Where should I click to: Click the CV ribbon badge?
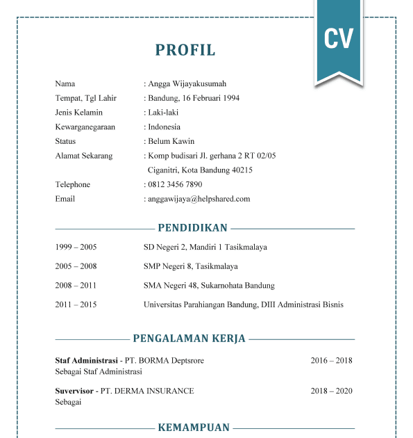click(338, 38)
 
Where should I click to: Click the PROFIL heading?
click(185, 50)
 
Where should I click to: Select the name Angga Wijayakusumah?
click(187, 83)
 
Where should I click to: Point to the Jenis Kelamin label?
click(78, 112)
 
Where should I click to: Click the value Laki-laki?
click(165, 112)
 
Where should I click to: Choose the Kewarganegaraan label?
click(85, 127)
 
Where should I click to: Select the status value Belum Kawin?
click(170, 141)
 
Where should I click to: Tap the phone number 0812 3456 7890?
click(175, 184)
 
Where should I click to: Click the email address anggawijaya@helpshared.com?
click(199, 199)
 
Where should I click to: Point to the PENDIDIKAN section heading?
click(192, 228)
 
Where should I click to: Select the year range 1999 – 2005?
click(76, 247)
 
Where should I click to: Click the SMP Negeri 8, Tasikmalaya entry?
click(190, 266)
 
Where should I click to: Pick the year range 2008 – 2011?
click(76, 285)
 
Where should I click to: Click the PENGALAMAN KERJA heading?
click(189, 339)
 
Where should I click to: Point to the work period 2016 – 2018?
click(331, 361)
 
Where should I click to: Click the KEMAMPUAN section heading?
click(194, 428)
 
